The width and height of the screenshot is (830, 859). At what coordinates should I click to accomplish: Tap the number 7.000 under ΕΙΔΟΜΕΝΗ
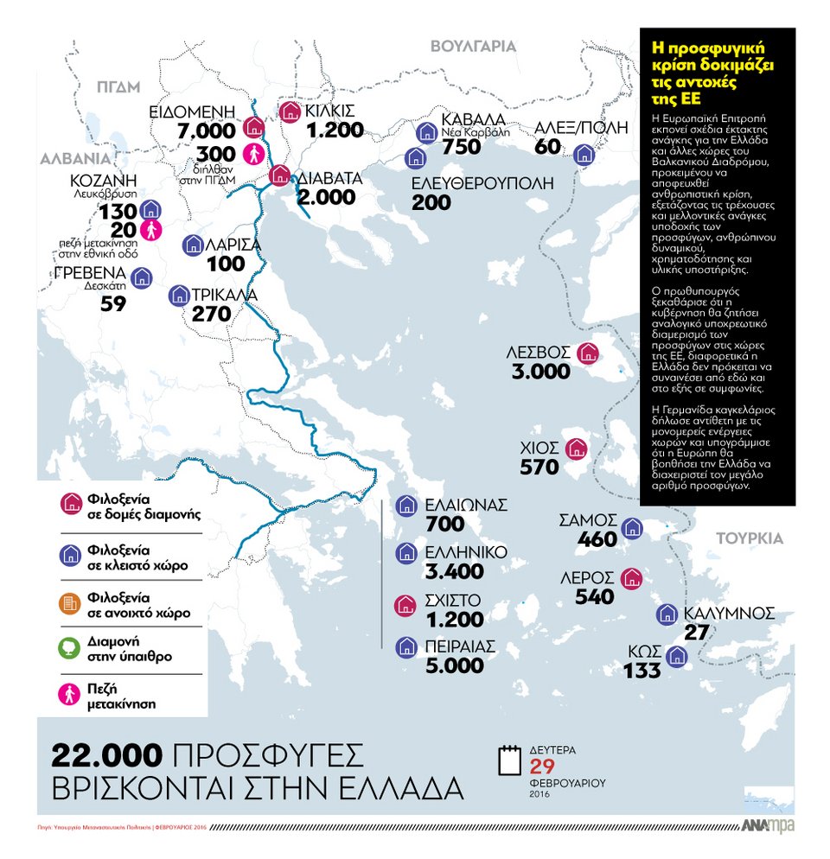click(205, 131)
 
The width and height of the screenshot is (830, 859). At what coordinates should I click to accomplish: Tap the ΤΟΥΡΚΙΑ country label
click(749, 538)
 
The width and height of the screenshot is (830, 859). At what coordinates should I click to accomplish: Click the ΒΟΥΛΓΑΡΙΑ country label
click(473, 47)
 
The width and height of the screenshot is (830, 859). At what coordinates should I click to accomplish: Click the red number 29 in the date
click(542, 768)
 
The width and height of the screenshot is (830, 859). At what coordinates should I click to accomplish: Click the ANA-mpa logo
click(767, 826)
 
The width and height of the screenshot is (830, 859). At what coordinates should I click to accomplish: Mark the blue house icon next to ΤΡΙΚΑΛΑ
click(179, 296)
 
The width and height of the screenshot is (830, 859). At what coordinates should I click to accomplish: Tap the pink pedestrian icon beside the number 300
click(253, 154)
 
